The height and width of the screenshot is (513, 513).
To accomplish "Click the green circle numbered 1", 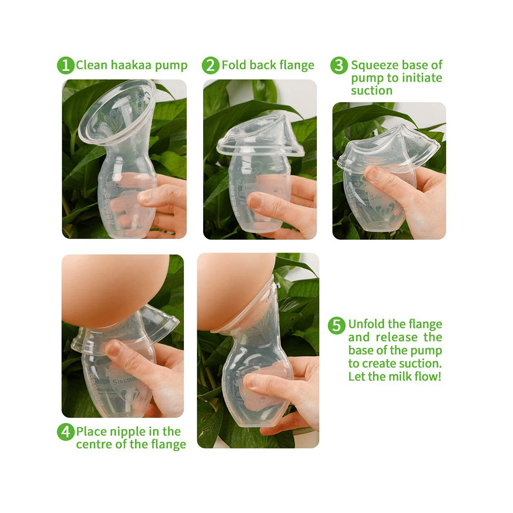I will (x=66, y=66).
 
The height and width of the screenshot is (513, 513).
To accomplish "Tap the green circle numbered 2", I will (x=210, y=66).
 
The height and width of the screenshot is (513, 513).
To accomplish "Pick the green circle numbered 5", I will (x=337, y=325).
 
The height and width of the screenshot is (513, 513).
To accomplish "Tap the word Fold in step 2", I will (x=234, y=66).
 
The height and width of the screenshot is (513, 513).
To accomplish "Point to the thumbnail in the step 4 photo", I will (x=114, y=350).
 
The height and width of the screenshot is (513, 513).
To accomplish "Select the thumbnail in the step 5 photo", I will (x=252, y=381).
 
